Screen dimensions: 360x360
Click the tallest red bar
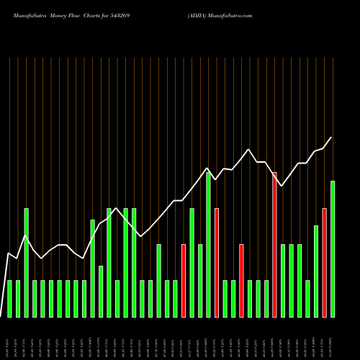pos(274,245)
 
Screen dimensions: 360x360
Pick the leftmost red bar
pos(184,281)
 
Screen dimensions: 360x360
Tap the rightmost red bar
pos(324,263)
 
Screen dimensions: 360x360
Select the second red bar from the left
pos(217,263)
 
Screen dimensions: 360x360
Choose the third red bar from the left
pos(241,281)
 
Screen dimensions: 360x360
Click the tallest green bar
pos(208,245)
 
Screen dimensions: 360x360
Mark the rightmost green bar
pos(333,249)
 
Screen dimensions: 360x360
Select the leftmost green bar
pos(9,299)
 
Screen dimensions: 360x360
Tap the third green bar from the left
pos(26,263)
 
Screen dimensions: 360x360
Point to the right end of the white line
pos(331,138)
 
